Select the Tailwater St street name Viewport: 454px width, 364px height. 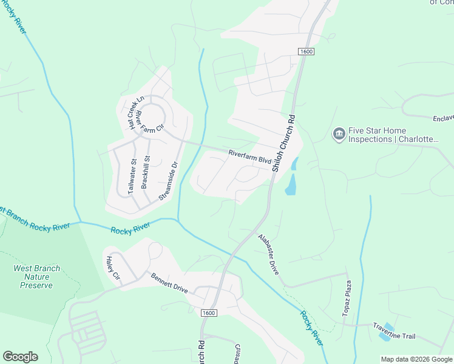click(132, 177)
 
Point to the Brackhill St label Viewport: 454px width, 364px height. click(146, 172)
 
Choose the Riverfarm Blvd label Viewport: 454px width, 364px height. click(249, 156)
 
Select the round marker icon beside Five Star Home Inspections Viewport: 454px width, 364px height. click(339, 134)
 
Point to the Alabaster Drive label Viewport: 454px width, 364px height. click(268, 255)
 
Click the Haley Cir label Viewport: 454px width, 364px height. click(113, 268)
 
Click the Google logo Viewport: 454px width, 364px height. click(20, 357)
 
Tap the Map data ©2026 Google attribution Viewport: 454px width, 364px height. click(416, 359)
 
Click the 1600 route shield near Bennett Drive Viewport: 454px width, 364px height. click(209, 312)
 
